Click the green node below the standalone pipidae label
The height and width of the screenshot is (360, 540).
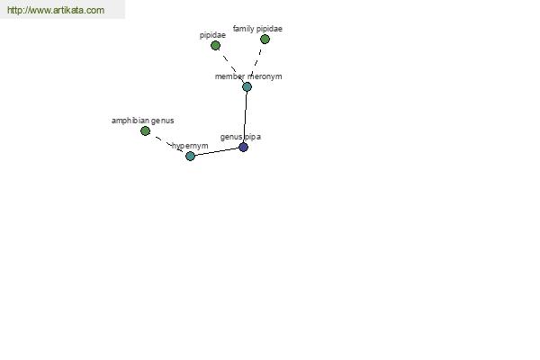pyautogui.click(x=215, y=46)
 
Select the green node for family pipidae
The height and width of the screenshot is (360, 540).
pyautogui.click(x=265, y=40)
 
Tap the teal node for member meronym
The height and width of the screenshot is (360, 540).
pyautogui.click(x=247, y=86)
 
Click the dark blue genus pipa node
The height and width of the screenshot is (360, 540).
pyautogui.click(x=244, y=148)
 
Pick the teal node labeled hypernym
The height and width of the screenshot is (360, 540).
pyautogui.click(x=190, y=156)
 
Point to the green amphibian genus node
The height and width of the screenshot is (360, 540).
pyautogui.click(x=145, y=130)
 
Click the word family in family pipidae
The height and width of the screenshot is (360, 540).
pyautogui.click(x=241, y=29)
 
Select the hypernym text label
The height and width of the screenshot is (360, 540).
pyautogui.click(x=190, y=146)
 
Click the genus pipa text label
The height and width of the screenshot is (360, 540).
pyautogui.click(x=240, y=137)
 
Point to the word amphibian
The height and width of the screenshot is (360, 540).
pyautogui.click(x=130, y=121)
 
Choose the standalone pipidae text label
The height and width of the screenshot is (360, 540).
pyautogui.click(x=212, y=35)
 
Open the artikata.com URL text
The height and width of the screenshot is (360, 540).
pyautogui.click(x=56, y=10)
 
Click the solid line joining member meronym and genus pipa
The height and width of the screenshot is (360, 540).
pyautogui.click(x=245, y=117)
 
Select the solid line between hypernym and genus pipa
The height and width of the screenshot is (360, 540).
pyautogui.click(x=217, y=151)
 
